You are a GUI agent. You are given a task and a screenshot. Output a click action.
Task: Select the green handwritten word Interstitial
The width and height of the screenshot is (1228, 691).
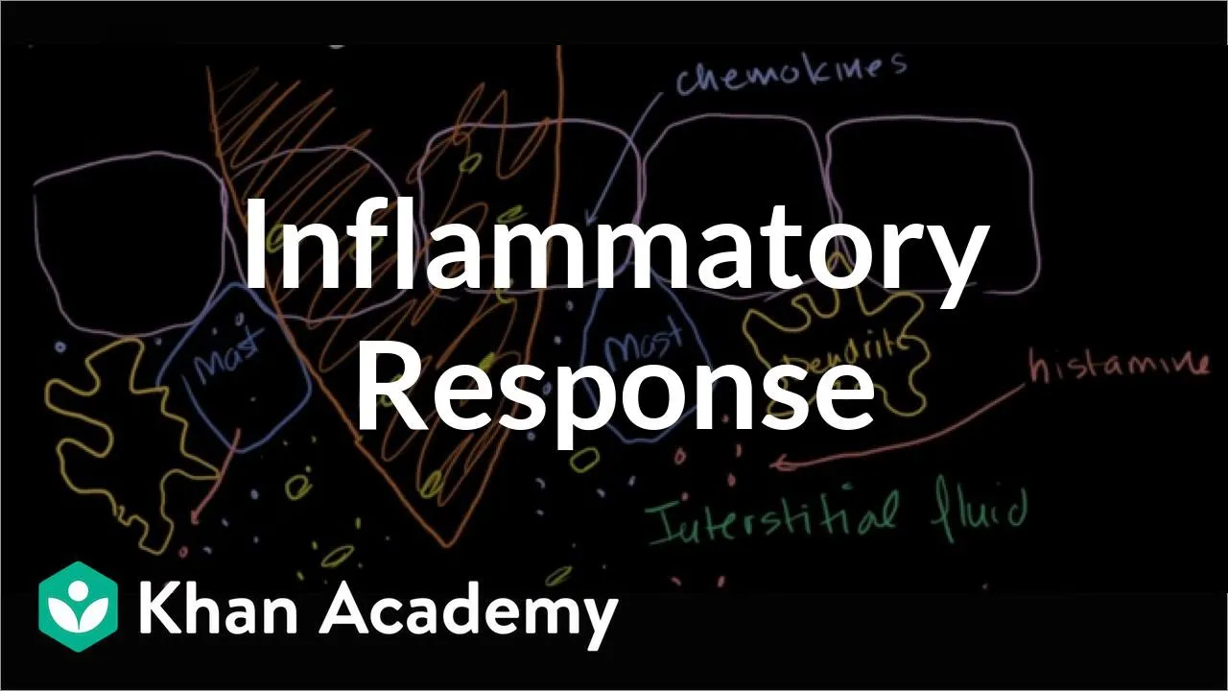pyautogui.click(x=772, y=518)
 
